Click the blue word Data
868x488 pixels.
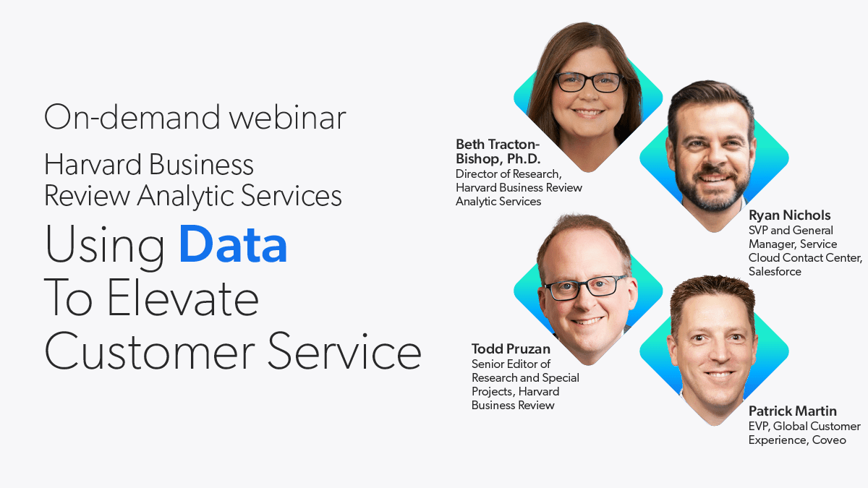[x=233, y=244]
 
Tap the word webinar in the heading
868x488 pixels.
[x=287, y=116]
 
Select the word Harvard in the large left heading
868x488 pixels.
[x=93, y=165]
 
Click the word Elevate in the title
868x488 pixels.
[x=182, y=299]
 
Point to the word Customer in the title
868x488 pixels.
[x=150, y=352]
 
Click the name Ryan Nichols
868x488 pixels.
[x=789, y=215]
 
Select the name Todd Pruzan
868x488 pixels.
[x=511, y=349]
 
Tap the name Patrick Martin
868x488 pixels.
[x=793, y=411]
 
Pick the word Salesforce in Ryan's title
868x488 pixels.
[x=775, y=272]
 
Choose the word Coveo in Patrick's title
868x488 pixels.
[x=829, y=440]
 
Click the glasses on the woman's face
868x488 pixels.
[x=588, y=82]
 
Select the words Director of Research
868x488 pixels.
[x=509, y=174]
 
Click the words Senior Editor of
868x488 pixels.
[x=511, y=364]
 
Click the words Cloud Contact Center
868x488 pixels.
[x=805, y=258]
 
